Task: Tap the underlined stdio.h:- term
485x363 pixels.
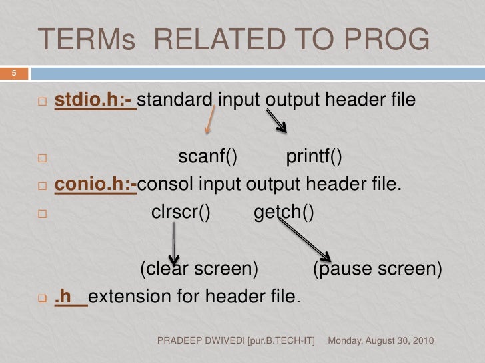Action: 95,100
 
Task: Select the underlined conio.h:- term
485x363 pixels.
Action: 95,184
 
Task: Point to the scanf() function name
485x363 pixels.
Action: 208,157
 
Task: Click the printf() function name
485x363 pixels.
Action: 314,157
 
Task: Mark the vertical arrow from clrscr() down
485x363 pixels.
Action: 174,243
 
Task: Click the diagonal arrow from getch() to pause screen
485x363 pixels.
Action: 304,241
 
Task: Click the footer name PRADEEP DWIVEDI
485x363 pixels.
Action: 201,340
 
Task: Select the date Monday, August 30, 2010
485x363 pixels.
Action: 382,340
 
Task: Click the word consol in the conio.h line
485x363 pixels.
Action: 164,184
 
